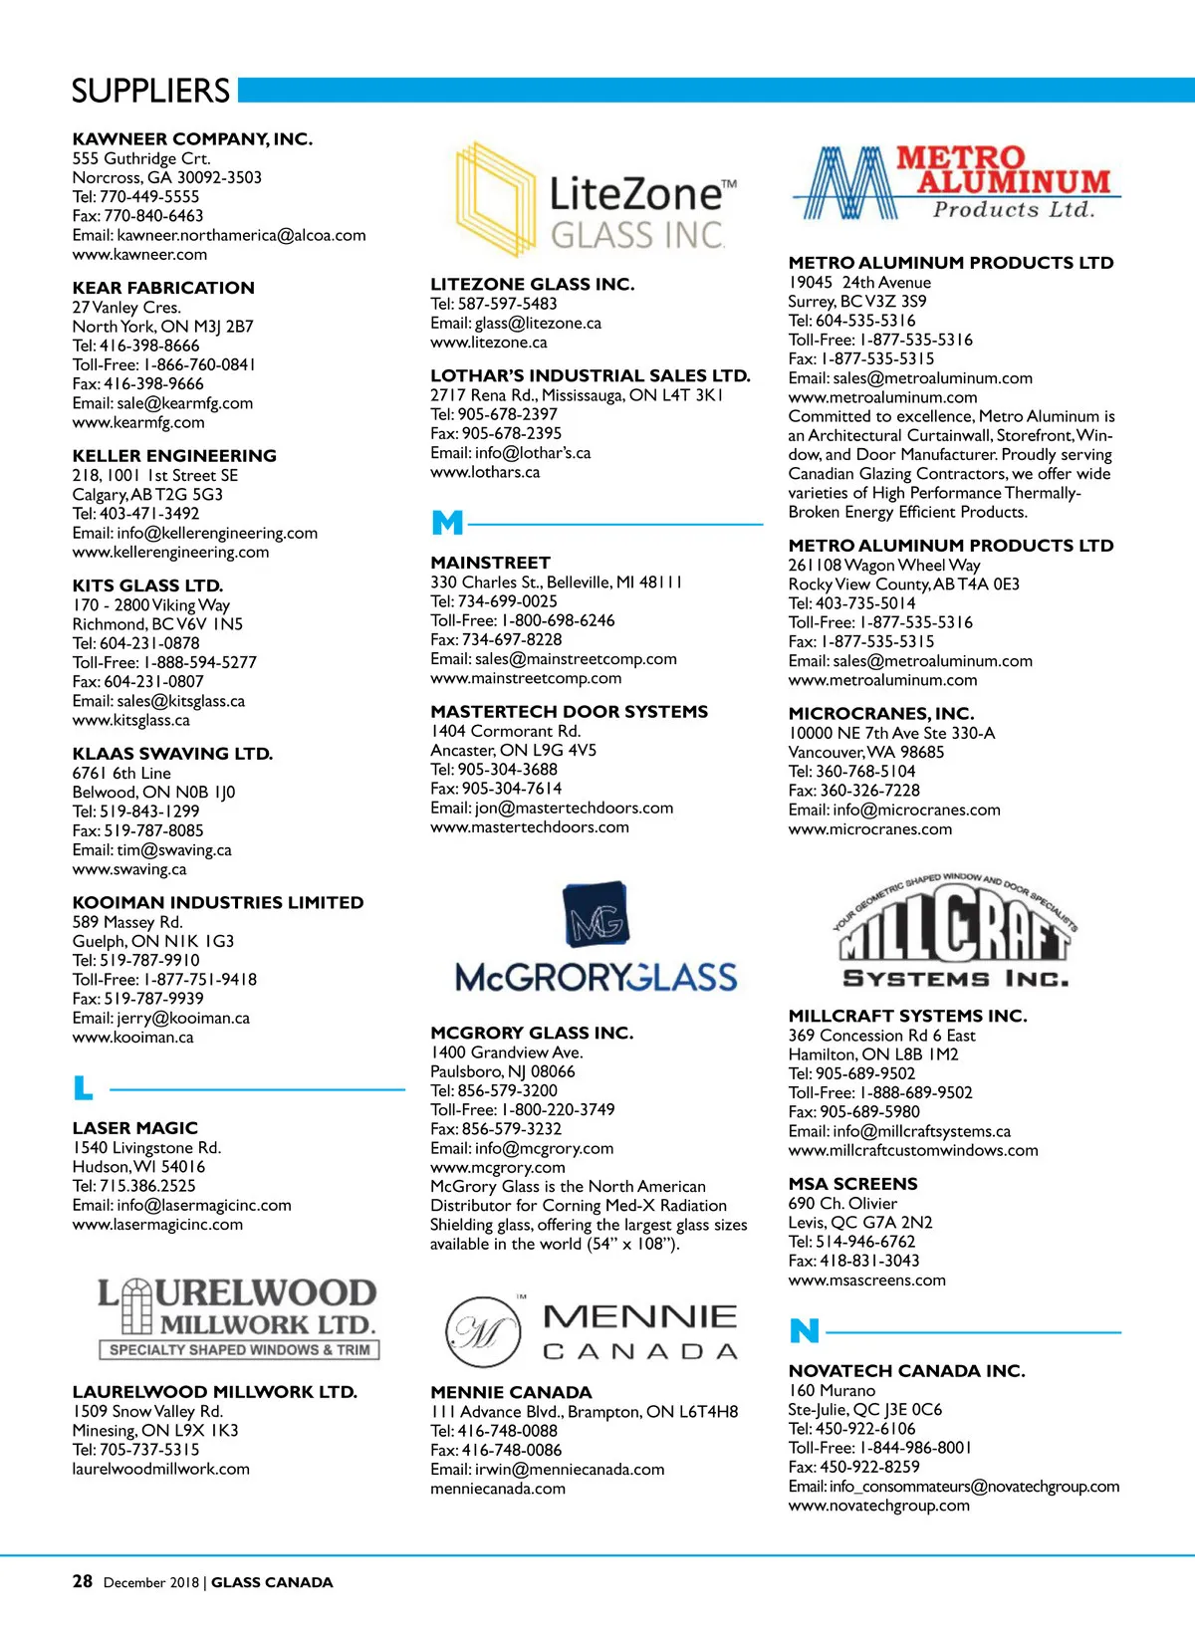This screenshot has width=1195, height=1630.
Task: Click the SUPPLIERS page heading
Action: coord(150,91)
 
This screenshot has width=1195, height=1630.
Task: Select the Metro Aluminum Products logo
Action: coord(955,183)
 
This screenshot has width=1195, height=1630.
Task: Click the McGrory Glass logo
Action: coord(596,938)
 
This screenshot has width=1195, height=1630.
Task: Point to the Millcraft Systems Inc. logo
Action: coord(955,932)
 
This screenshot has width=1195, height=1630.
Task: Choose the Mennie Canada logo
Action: coord(592,1331)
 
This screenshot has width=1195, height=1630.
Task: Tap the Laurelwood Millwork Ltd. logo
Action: coord(238,1318)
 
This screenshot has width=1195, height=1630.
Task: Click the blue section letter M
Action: coord(447,523)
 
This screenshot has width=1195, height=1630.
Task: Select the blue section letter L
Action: coord(84,1088)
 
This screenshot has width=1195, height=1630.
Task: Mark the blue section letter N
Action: coord(804,1331)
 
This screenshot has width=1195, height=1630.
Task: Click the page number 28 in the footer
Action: coord(82,1581)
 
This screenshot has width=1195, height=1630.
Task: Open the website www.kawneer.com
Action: coord(139,255)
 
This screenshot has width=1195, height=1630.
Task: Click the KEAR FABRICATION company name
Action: coord(163,288)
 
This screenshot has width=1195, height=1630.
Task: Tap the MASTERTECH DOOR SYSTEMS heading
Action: coord(569,712)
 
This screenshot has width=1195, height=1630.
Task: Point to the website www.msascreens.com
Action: coord(866,1281)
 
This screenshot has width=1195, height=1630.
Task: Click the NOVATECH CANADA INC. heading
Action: coord(906,1371)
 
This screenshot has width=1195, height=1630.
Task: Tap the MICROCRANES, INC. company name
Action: coord(880,714)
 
